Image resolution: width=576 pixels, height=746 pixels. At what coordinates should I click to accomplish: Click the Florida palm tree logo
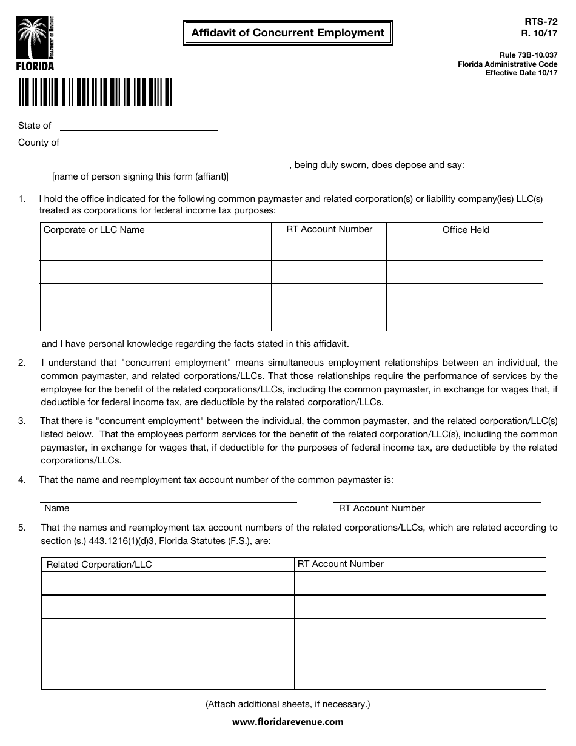click(x=36, y=43)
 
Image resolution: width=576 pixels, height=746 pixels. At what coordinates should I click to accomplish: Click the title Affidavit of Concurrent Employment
click(x=288, y=33)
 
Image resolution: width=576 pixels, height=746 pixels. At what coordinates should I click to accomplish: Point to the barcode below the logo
click(x=95, y=92)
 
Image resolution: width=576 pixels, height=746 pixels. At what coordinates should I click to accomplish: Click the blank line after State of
click(x=138, y=126)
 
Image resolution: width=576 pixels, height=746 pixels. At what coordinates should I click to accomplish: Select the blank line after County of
click(x=142, y=143)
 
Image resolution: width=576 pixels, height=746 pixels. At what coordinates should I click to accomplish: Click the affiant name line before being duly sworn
click(x=154, y=166)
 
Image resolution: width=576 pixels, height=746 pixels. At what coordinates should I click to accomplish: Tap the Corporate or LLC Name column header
click(x=95, y=230)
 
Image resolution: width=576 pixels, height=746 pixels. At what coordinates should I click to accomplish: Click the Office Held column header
click(x=465, y=230)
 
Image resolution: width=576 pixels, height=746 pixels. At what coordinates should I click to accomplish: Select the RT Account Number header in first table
click(x=329, y=229)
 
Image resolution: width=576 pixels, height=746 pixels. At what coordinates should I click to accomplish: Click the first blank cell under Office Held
click(x=465, y=249)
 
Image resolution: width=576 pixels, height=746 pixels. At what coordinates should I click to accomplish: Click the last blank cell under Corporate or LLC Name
click(x=155, y=319)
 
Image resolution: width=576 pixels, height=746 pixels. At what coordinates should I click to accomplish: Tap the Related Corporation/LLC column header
click(x=99, y=565)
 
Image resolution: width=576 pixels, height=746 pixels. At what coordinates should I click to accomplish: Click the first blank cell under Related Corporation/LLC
click(x=167, y=583)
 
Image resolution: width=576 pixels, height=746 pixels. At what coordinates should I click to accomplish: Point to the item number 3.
click(x=22, y=421)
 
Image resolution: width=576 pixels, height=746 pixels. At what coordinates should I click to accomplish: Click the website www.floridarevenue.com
click(x=288, y=722)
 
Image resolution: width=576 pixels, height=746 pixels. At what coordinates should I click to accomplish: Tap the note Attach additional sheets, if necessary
click(x=288, y=704)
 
